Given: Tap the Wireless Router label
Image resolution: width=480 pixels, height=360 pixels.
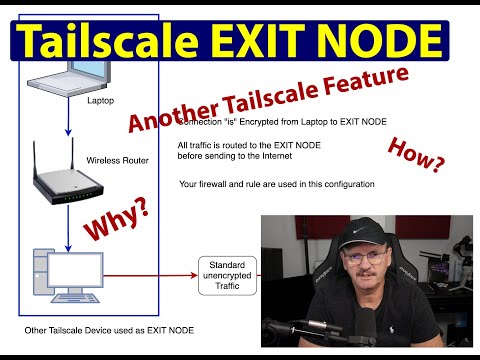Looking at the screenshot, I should (x=118, y=159).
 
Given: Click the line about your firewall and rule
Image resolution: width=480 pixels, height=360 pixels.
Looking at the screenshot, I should (x=276, y=183).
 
